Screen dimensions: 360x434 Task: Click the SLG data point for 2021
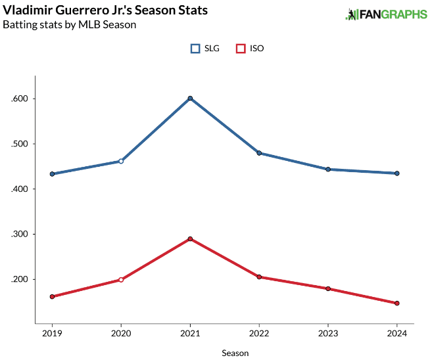pyautogui.click(x=190, y=99)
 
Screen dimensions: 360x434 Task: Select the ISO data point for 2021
pyautogui.click(x=190, y=238)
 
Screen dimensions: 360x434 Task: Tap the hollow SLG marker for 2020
pyautogui.click(x=121, y=161)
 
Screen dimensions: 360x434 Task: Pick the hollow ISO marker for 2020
pyautogui.click(x=121, y=280)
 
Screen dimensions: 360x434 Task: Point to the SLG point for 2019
pyautogui.click(x=52, y=174)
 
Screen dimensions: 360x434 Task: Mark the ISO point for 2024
pyautogui.click(x=397, y=304)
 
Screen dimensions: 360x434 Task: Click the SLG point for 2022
pyautogui.click(x=259, y=153)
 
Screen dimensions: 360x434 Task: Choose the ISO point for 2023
pyautogui.click(x=328, y=288)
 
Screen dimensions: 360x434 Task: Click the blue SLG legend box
pyautogui.click(x=195, y=49)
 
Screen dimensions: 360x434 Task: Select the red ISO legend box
pyautogui.click(x=241, y=49)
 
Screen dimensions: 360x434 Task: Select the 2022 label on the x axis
pyautogui.click(x=259, y=333)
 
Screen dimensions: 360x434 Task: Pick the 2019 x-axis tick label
pyautogui.click(x=52, y=333)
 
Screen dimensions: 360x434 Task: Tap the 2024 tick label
pyautogui.click(x=397, y=333)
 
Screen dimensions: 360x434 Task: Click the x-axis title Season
pyautogui.click(x=235, y=353)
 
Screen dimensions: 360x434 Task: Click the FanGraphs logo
pyautogui.click(x=387, y=14)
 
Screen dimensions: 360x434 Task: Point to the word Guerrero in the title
pyautogui.click(x=84, y=11)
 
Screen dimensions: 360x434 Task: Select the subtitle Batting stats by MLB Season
pyautogui.click(x=69, y=25)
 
